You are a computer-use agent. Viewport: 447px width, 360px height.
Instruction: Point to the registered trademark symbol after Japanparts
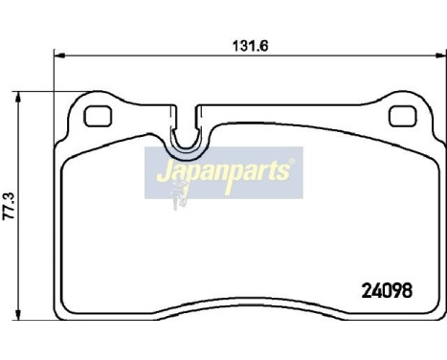[x=294, y=166]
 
